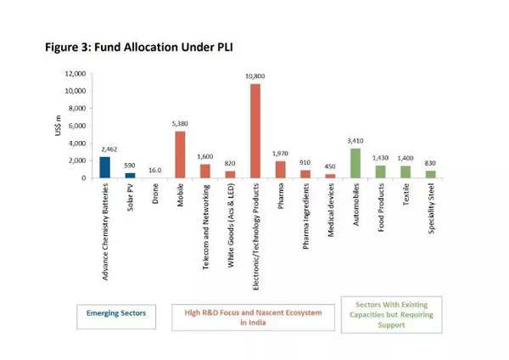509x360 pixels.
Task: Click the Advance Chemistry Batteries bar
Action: pyautogui.click(x=104, y=167)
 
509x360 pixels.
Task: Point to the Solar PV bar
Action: pyautogui.click(x=130, y=175)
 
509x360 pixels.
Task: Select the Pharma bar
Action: pyautogui.click(x=280, y=169)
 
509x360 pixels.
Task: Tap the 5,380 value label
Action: pyautogui.click(x=180, y=124)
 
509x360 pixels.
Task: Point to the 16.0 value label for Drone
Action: pyautogui.click(x=154, y=171)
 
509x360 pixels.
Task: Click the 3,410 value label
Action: pyautogui.click(x=355, y=141)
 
